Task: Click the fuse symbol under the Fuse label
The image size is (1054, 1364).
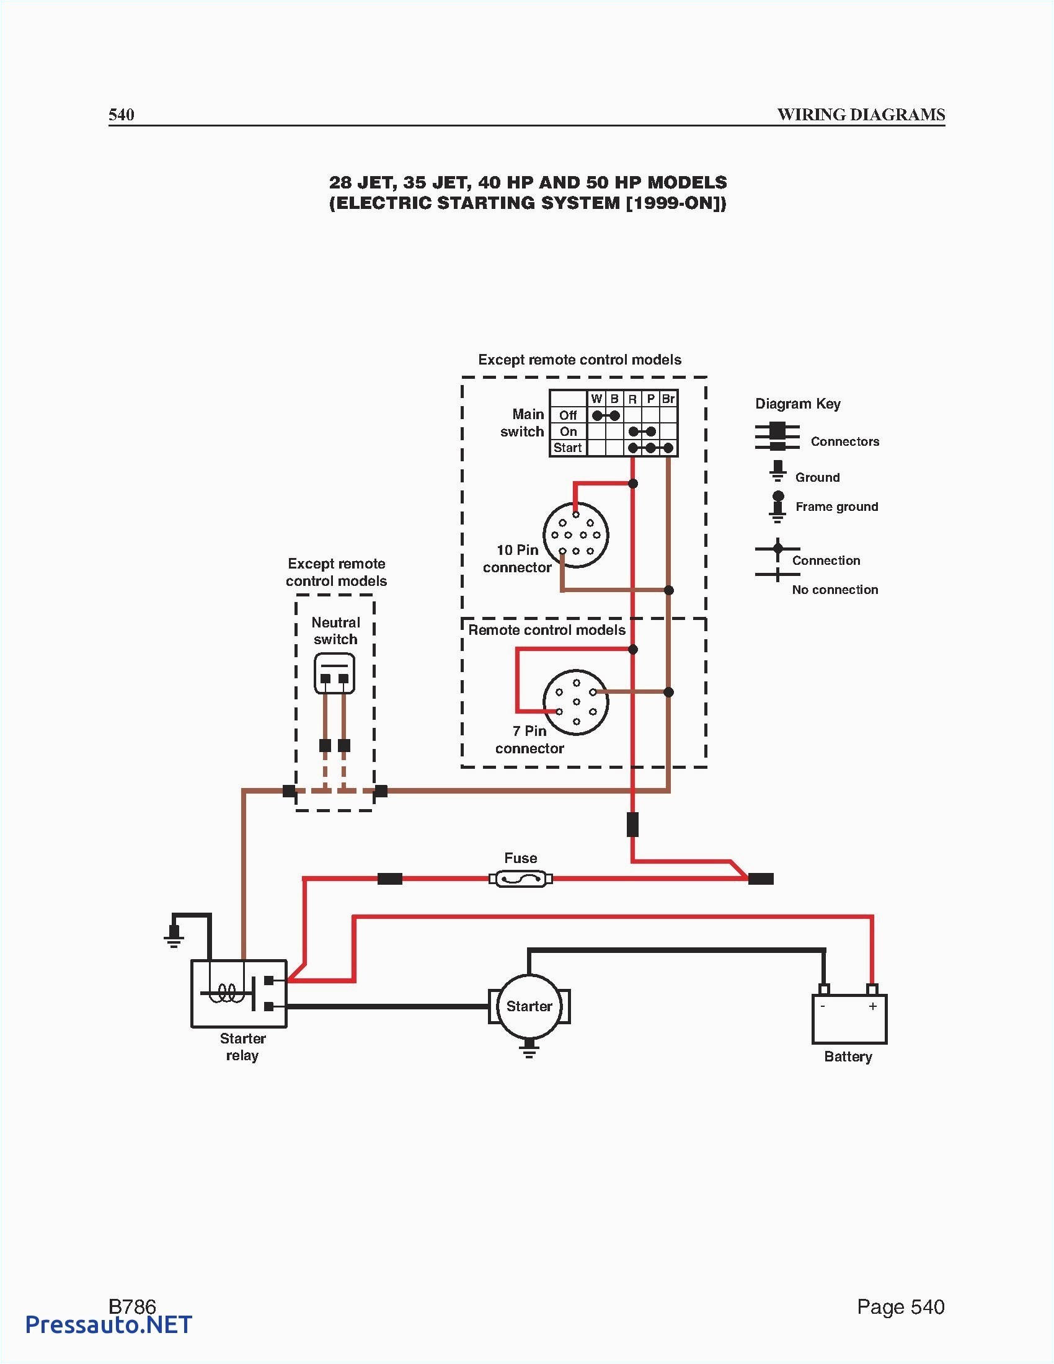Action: tap(520, 879)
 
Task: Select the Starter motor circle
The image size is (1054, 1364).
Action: tap(529, 1006)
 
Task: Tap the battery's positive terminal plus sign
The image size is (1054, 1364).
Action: tap(872, 1006)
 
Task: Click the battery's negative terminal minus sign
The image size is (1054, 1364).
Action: tap(823, 1006)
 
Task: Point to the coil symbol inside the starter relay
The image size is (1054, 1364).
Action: tap(226, 993)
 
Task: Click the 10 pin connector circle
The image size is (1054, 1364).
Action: tap(576, 535)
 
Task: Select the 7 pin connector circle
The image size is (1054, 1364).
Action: tap(576, 702)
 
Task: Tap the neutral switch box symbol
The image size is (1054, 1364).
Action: tap(335, 674)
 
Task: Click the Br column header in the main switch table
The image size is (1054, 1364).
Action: tap(668, 399)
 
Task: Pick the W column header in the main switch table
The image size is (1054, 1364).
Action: tap(596, 399)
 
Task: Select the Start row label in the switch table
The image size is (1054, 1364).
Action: tap(567, 448)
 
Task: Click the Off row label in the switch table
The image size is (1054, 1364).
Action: tap(567, 415)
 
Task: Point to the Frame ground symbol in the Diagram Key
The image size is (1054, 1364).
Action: tap(777, 506)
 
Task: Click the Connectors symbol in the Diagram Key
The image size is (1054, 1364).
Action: tap(777, 436)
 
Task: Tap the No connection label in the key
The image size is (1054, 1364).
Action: tap(835, 590)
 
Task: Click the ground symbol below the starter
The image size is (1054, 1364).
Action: tap(529, 1050)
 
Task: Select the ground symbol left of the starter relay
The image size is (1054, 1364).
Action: tap(174, 936)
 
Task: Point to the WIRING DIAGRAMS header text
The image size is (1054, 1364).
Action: tap(861, 115)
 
